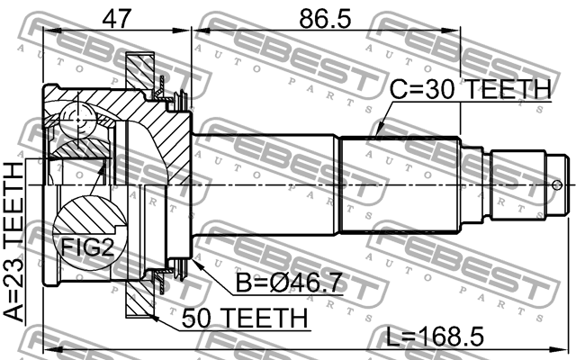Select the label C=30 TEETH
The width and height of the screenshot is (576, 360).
point(469,89)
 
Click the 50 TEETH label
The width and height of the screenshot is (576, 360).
point(243,318)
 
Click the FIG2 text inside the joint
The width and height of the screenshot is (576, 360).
point(87,247)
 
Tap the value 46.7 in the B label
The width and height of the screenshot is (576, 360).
point(312,283)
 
